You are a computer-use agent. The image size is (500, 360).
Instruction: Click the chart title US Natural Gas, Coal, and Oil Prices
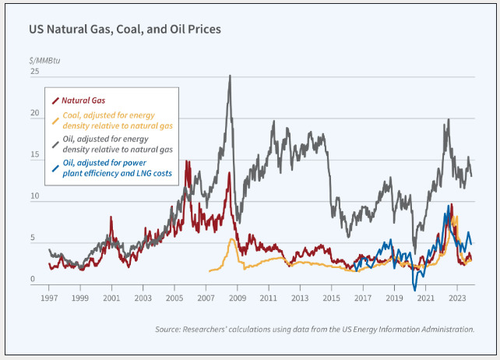(x=125, y=30)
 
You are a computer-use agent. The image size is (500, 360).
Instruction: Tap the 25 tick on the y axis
(x=34, y=72)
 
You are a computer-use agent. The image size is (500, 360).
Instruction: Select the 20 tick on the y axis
(x=34, y=114)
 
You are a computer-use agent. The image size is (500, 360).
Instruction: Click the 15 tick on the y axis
(x=34, y=156)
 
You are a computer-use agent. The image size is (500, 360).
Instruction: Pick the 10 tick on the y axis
(x=34, y=197)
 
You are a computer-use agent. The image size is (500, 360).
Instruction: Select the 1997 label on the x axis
(x=48, y=298)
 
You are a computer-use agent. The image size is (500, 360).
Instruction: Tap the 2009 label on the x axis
(x=237, y=298)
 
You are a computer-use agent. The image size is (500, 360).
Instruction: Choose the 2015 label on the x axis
(x=331, y=298)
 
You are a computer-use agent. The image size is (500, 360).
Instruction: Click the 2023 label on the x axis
(x=457, y=298)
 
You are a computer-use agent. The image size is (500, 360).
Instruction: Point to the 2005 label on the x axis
(x=174, y=298)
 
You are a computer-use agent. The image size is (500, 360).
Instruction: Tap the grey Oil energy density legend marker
(x=55, y=144)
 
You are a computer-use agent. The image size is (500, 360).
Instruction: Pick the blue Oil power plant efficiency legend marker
(x=55, y=167)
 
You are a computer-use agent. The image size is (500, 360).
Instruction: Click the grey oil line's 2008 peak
(x=229, y=76)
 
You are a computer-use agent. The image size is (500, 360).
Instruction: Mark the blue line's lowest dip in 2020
(x=414, y=289)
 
